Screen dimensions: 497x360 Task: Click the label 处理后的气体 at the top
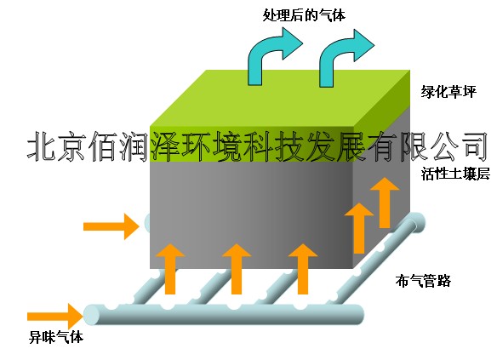305,15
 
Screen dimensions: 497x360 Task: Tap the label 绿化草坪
448,92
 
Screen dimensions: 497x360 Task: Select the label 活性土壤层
455,174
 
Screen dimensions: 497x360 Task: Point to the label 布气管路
423,281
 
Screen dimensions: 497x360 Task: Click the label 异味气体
56,337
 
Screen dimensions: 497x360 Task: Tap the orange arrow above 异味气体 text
55,317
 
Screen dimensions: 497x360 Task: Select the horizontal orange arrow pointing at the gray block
111,226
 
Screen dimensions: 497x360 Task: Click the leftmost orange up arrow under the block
170,269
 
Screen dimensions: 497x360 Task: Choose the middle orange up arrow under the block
237,269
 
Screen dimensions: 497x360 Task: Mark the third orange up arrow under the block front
303,269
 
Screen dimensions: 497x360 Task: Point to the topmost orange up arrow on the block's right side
385,203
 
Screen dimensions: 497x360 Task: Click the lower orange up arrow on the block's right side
359,228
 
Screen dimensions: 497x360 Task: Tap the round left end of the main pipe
92,315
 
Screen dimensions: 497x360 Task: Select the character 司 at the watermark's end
472,147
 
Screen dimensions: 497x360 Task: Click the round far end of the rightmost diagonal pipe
416,221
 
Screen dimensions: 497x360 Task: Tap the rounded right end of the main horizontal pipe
358,314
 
